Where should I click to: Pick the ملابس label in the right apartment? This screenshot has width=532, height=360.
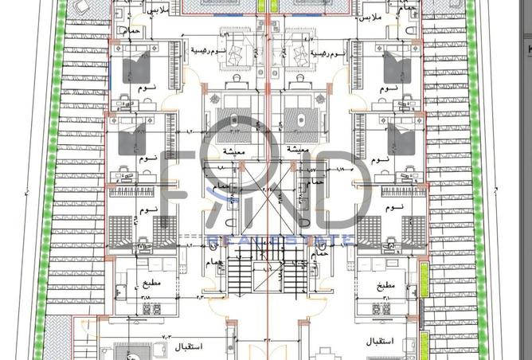(371, 17)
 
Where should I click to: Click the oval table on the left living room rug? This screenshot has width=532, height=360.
(234, 119)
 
